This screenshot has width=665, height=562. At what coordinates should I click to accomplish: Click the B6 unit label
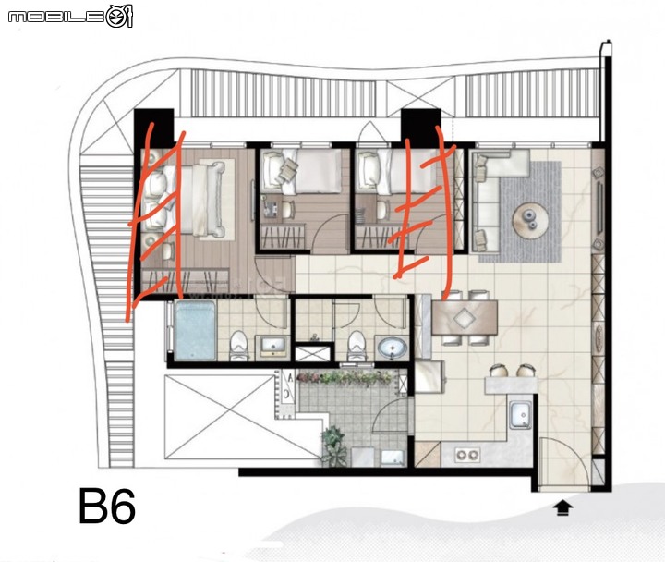[x=107, y=506]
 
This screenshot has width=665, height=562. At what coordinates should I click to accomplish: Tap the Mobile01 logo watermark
[x=70, y=17]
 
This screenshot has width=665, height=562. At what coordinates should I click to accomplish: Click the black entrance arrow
[x=562, y=508]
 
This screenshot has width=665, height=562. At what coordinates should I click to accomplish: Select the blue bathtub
[x=195, y=330]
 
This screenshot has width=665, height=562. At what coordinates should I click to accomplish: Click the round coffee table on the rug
[x=530, y=221]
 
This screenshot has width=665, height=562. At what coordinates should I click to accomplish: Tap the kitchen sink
[x=520, y=415]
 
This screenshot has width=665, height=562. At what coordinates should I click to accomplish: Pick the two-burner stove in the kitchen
[x=467, y=455]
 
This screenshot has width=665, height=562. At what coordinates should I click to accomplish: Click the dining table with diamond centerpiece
[x=465, y=317]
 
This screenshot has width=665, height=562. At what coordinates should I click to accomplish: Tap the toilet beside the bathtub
[x=239, y=346]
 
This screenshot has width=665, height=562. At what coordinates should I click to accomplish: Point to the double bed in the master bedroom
[x=183, y=201]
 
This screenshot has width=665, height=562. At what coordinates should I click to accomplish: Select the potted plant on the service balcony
[x=334, y=446]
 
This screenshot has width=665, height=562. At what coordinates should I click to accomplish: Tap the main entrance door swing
[x=564, y=463]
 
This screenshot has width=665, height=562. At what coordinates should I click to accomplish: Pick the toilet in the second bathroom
[x=357, y=346]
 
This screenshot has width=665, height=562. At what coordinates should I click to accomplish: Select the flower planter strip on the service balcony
[x=346, y=378]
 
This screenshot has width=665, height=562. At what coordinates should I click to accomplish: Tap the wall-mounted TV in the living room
[x=600, y=208]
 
